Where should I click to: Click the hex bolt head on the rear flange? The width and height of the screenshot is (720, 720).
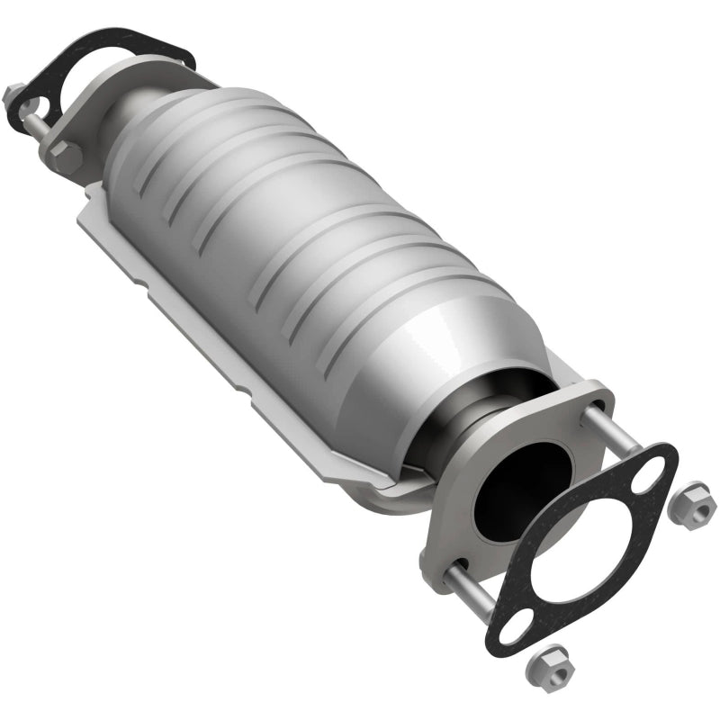pos(67,157)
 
